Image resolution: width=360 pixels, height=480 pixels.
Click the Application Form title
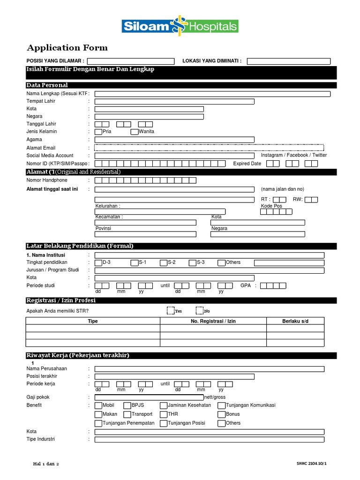click(67, 48)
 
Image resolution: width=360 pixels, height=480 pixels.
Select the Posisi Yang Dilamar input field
click(130, 61)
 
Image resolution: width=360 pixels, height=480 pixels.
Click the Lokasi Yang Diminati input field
click(288, 61)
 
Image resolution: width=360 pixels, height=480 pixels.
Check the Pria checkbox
click(98, 132)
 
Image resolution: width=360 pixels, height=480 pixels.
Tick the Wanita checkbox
click(135, 132)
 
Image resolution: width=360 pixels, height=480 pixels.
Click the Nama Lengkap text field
click(212, 94)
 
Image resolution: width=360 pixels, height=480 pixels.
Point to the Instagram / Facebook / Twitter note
click(294, 155)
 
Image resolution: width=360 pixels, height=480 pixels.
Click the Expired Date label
click(247, 164)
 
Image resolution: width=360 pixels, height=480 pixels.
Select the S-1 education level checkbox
click(135, 262)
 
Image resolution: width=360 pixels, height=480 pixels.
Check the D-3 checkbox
click(98, 262)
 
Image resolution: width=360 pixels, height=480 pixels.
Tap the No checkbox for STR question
click(200, 311)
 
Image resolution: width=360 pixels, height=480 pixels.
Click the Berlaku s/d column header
click(295, 321)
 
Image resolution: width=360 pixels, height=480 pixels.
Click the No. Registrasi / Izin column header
click(213, 321)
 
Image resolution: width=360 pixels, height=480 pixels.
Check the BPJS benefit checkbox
click(127, 405)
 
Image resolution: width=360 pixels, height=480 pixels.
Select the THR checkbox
click(164, 414)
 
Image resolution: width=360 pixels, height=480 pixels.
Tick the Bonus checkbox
click(221, 414)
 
